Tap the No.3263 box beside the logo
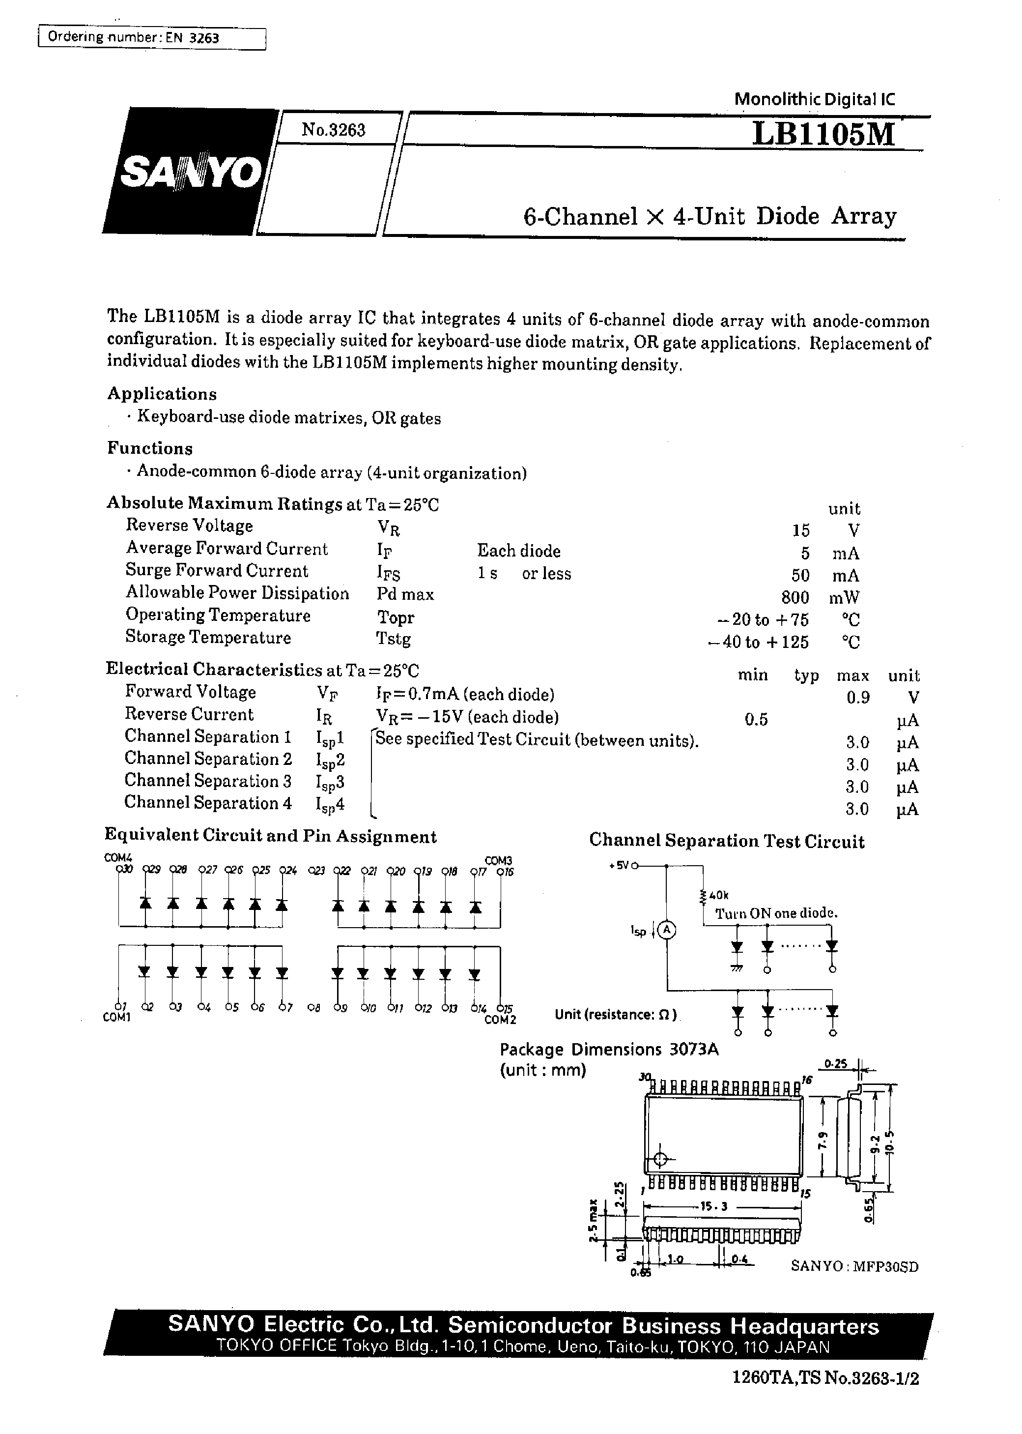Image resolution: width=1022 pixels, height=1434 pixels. click(334, 130)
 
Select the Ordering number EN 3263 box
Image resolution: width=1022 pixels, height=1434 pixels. click(151, 38)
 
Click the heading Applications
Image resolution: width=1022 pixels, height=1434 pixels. click(162, 394)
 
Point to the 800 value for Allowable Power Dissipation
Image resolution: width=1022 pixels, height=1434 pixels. click(794, 597)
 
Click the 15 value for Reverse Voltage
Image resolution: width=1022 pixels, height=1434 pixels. click(800, 530)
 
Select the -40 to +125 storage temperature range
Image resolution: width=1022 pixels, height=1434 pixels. click(758, 642)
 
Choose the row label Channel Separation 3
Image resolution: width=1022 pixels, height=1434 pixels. click(208, 781)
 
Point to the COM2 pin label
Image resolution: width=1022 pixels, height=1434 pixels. click(500, 1020)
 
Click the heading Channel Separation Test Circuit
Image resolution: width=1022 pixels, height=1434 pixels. click(726, 842)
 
